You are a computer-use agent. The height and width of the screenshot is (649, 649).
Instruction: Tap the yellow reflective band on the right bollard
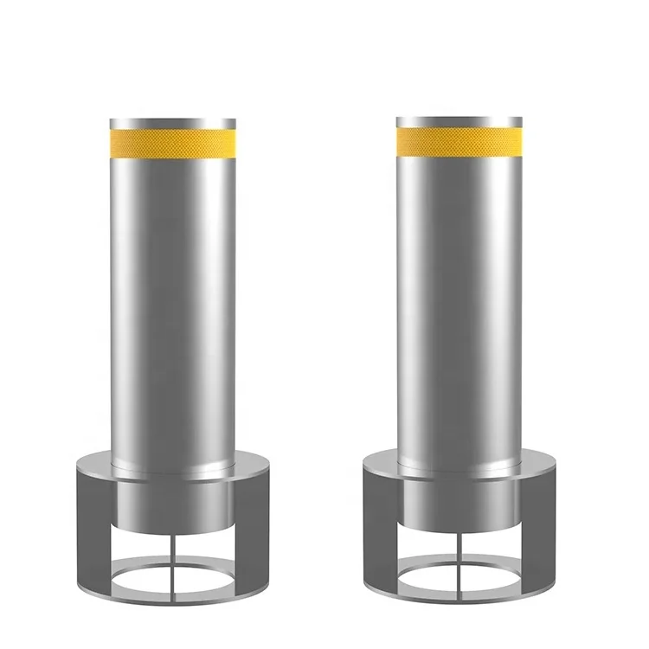tap(459, 138)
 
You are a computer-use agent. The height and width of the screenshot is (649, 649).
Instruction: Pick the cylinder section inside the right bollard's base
tap(459, 507)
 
